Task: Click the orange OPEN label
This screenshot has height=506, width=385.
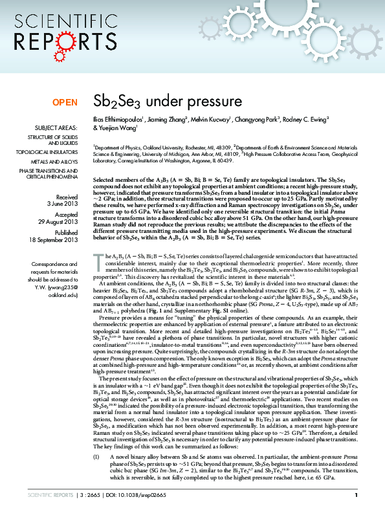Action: [x=65, y=102]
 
